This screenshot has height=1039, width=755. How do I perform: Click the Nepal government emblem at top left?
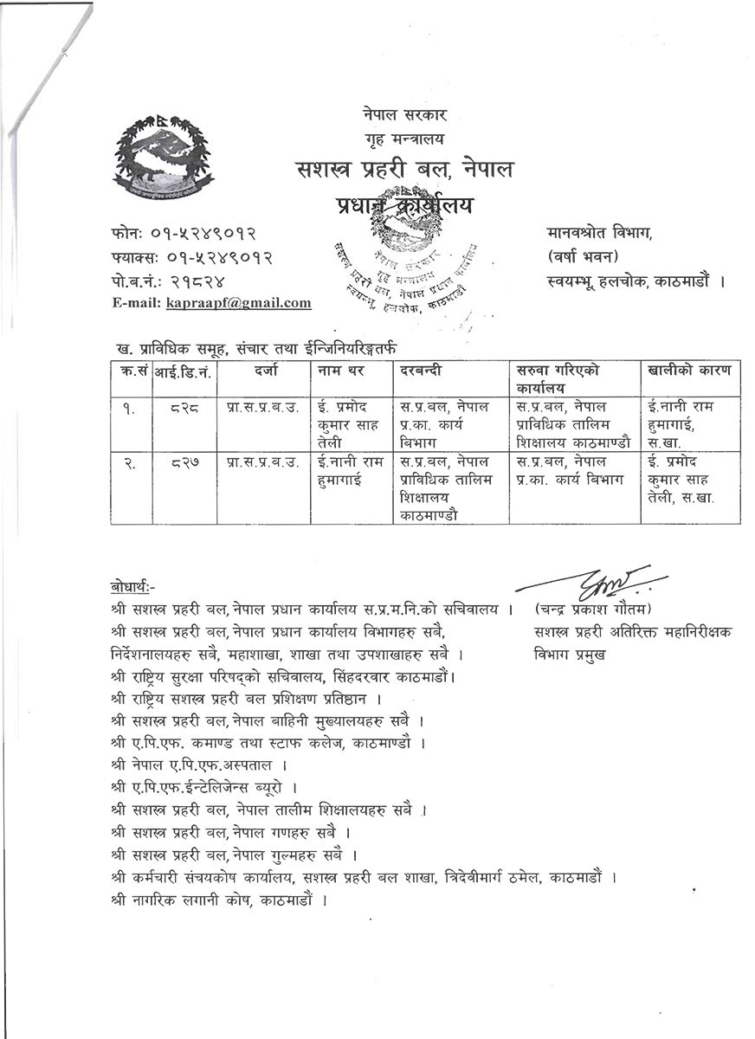click(163, 157)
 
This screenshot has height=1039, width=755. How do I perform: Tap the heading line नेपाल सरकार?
click(404, 115)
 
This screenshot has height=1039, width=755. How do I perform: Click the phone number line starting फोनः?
click(184, 234)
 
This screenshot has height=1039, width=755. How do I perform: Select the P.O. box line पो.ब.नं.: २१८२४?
click(169, 281)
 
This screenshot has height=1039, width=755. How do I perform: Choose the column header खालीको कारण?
click(689, 371)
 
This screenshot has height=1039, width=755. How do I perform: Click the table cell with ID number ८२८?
click(184, 408)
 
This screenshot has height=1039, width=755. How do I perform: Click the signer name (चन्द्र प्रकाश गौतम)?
click(593, 608)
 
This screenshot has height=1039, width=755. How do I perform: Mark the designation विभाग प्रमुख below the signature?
click(571, 655)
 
